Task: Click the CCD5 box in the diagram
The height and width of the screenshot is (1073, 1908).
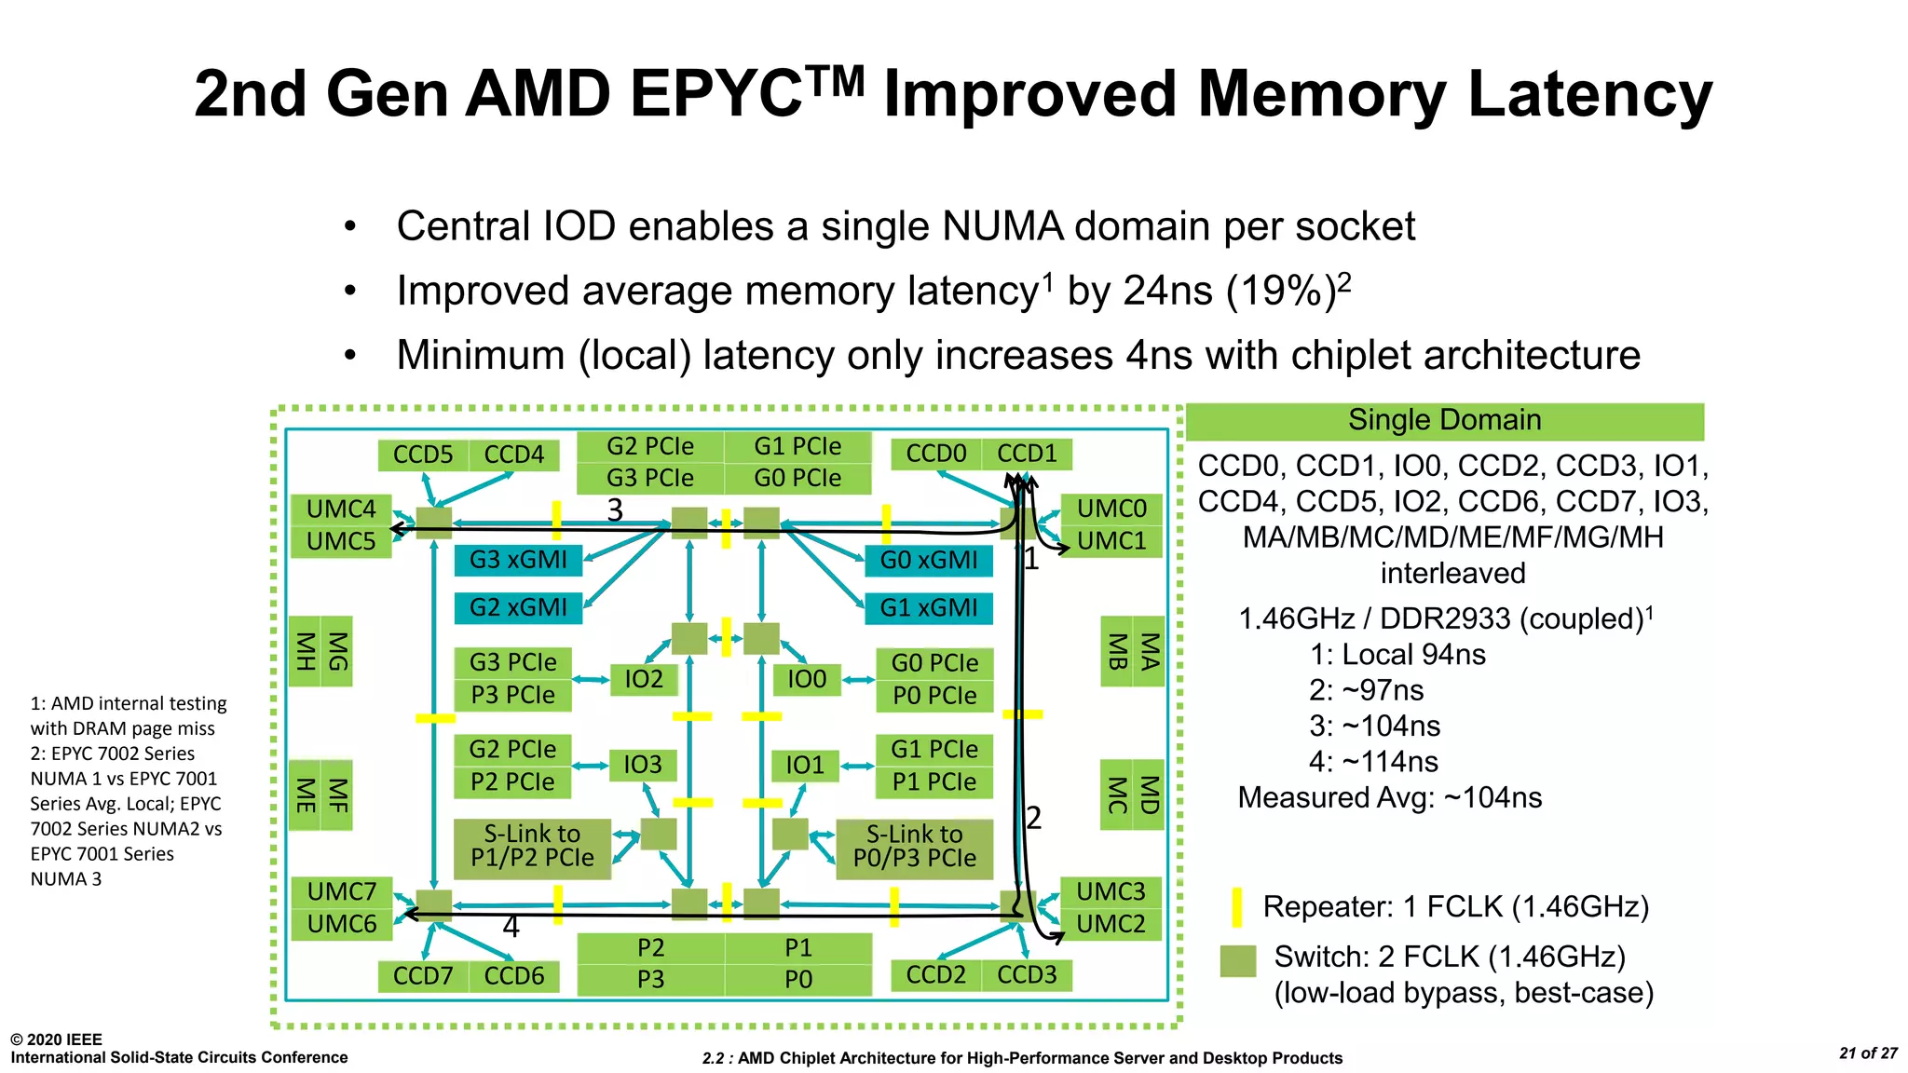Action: pyautogui.click(x=422, y=455)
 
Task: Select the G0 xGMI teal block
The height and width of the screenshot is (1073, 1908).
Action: pyautogui.click(x=929, y=560)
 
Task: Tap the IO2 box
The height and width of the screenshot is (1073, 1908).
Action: pyautogui.click(x=643, y=679)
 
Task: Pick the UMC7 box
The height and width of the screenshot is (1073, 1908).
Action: pyautogui.click(x=341, y=891)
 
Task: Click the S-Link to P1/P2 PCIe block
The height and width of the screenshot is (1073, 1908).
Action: pyautogui.click(x=532, y=847)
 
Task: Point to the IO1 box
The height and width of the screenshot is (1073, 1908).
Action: pyautogui.click(x=805, y=766)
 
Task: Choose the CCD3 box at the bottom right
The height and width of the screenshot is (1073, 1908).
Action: pyautogui.click(x=1027, y=974)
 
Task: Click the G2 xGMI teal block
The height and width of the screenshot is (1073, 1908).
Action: pyautogui.click(x=518, y=607)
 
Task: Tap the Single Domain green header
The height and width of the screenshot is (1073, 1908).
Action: pyautogui.click(x=1444, y=421)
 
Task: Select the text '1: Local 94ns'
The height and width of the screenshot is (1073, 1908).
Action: pyautogui.click(x=1397, y=655)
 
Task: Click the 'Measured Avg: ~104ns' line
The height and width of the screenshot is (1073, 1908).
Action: pyautogui.click(x=1389, y=797)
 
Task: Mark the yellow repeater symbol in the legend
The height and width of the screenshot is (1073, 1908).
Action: pyautogui.click(x=1236, y=906)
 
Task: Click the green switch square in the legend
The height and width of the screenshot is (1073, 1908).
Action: pyautogui.click(x=1237, y=961)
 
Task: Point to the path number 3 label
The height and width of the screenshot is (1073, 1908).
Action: pyautogui.click(x=615, y=510)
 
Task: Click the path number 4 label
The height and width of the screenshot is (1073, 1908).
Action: pyautogui.click(x=511, y=927)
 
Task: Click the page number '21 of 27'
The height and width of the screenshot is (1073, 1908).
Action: pyautogui.click(x=1868, y=1053)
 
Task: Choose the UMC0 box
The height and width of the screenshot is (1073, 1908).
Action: pyautogui.click(x=1111, y=509)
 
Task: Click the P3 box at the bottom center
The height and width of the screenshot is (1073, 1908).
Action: pyautogui.click(x=650, y=980)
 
